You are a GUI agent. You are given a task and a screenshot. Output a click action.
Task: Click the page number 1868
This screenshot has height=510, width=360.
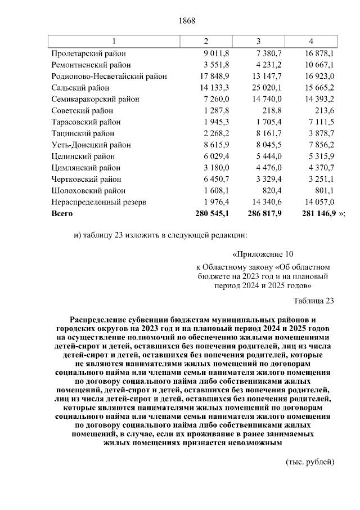186,21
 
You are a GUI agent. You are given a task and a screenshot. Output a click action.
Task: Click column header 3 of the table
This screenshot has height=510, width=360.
258,42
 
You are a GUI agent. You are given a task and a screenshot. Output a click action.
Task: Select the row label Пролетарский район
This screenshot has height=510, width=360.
88,53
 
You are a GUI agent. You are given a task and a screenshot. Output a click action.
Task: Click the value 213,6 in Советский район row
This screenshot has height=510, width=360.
325,111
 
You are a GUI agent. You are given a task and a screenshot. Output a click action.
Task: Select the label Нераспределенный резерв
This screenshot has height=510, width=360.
99,202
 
